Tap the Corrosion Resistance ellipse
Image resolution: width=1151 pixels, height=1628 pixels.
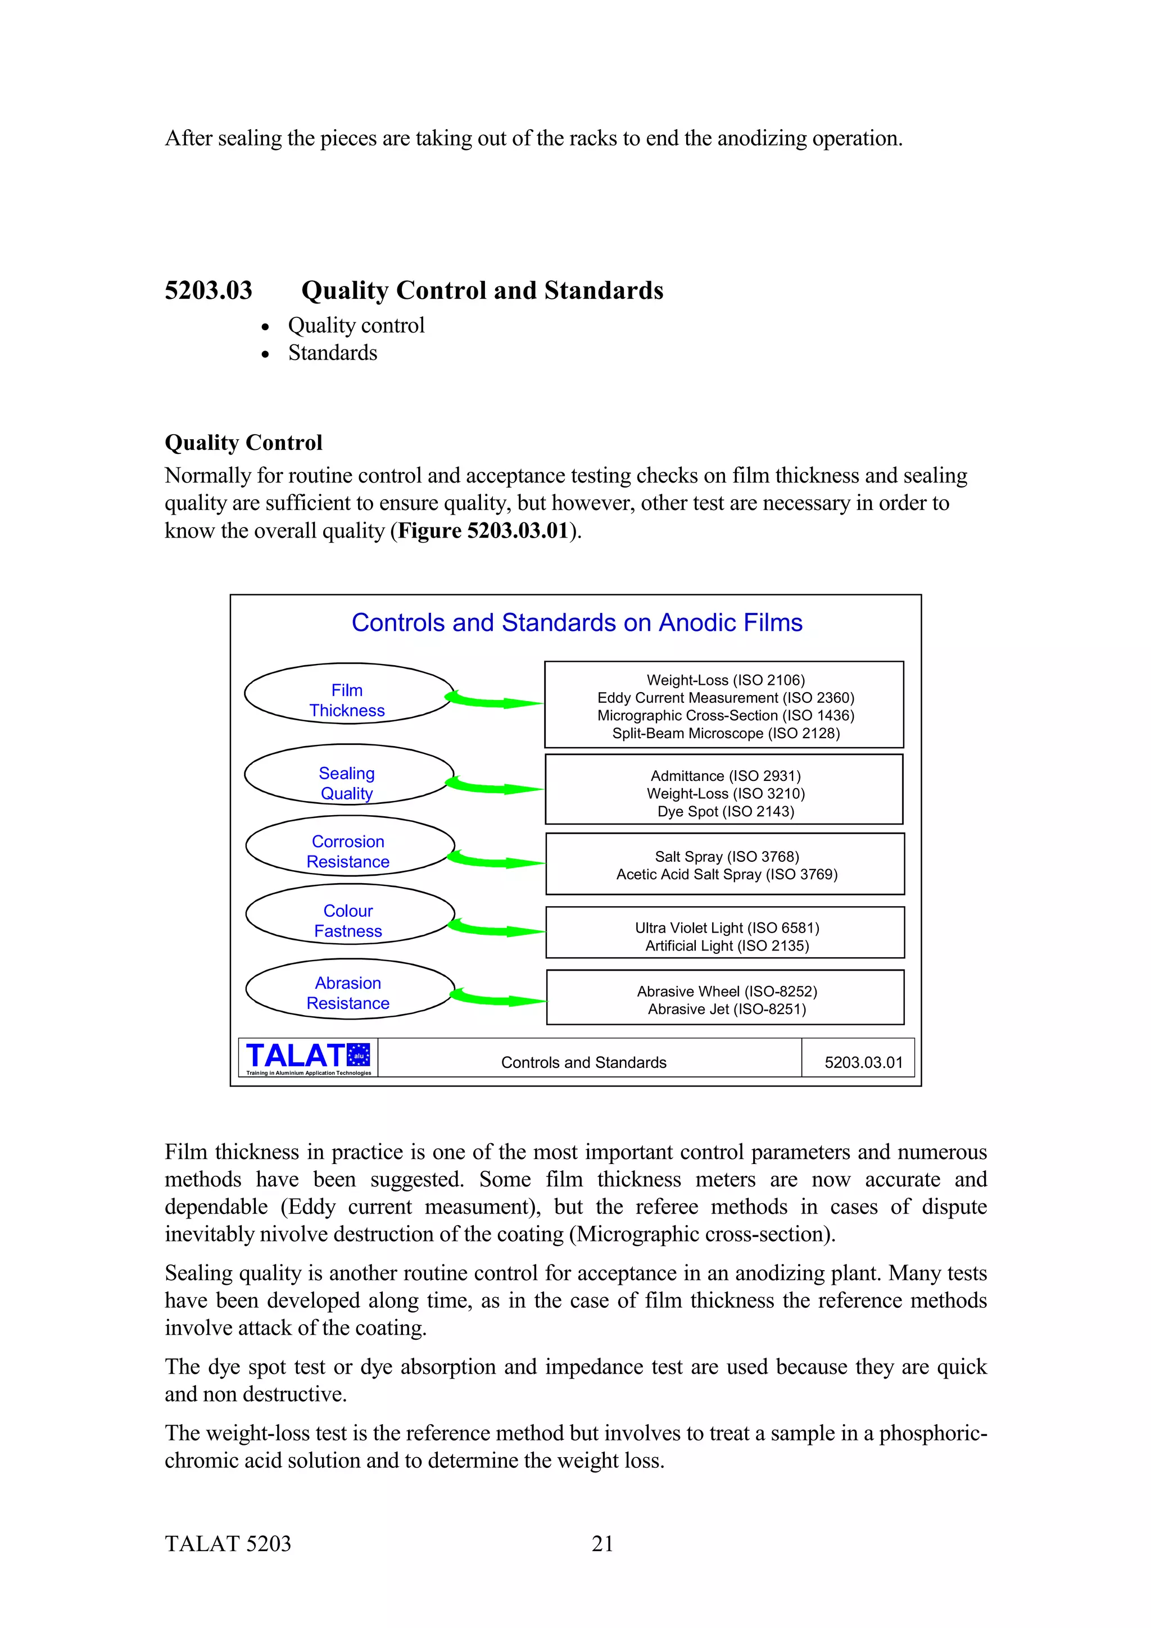click(349, 846)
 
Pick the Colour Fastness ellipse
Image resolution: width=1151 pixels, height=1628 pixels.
click(349, 915)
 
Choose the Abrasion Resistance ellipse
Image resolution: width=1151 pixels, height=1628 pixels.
click(349, 989)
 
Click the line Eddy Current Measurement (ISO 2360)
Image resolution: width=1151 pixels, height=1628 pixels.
click(726, 698)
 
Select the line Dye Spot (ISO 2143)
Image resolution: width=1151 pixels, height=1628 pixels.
click(726, 812)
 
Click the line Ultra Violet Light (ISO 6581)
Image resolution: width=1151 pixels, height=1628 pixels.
click(727, 928)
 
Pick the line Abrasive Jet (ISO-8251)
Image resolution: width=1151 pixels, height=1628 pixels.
click(727, 1009)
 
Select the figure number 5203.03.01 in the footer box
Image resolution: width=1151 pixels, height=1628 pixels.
click(863, 1063)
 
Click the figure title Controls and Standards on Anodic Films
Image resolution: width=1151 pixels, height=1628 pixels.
click(577, 622)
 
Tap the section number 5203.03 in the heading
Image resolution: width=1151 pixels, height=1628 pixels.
click(209, 291)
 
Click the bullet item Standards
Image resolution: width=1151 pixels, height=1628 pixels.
click(333, 353)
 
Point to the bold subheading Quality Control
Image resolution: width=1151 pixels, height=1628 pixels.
click(243, 443)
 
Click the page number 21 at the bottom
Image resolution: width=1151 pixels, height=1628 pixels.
click(602, 1544)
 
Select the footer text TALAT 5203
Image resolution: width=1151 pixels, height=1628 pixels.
click(228, 1544)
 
